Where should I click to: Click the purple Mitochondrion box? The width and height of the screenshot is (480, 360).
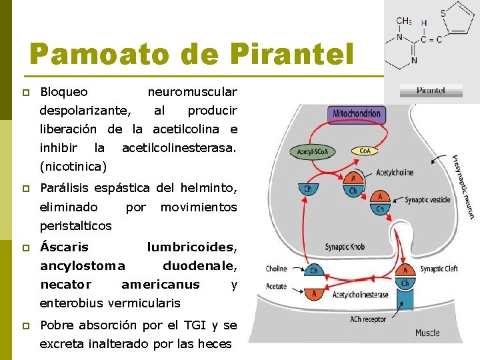coord(359,113)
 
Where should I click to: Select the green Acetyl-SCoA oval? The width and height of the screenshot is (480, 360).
coord(313,152)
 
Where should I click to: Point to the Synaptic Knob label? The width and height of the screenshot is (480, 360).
coord(346,247)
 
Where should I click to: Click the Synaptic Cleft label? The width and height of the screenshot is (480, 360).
coord(439,269)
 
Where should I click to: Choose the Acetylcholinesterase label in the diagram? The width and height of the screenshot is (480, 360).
coord(360,294)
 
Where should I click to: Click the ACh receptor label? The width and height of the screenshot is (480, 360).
coord(368,319)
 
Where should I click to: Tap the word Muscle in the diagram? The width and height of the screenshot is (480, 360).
coord(427,333)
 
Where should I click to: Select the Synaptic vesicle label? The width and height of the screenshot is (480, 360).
coord(427,199)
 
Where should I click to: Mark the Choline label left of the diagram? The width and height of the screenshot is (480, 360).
coord(276,269)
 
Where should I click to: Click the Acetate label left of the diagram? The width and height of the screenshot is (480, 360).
coord(276,287)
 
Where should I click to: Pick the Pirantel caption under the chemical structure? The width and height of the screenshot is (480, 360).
coord(431,90)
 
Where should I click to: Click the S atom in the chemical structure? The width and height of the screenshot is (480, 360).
coord(443,13)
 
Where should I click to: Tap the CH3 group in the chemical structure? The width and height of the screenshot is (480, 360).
coord(403,21)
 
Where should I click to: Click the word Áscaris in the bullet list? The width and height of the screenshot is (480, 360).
coord(64,247)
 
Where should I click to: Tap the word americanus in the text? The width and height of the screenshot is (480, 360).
coord(160,285)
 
